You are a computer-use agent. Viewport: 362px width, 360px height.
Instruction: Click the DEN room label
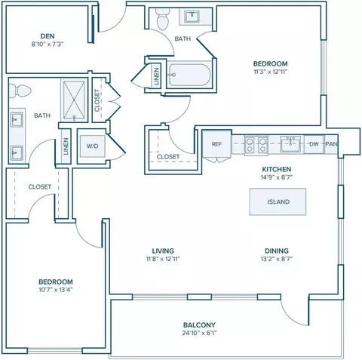48,36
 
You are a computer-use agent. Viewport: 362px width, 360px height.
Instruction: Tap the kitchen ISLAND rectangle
278,202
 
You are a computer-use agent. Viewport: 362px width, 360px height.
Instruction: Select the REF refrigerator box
216,144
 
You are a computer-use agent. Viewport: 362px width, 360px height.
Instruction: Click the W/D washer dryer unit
93,146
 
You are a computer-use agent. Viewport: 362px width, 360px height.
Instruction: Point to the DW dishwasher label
314,144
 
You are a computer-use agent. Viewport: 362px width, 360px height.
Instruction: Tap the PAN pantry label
331,144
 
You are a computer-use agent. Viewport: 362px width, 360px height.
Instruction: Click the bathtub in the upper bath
189,75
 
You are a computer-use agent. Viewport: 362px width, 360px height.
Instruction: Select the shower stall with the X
74,100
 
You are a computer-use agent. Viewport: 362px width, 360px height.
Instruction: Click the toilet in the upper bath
163,19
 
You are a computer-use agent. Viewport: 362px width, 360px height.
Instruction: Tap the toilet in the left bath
20,91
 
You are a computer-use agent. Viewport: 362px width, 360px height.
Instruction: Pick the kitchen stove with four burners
256,145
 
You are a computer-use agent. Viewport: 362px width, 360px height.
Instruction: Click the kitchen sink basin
290,145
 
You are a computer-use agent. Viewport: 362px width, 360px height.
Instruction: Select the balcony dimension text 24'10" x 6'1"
199,333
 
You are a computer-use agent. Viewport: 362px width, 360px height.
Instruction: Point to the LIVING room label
163,251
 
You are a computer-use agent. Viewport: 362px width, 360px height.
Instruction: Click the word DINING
277,251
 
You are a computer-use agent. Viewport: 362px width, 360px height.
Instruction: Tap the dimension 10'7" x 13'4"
56,290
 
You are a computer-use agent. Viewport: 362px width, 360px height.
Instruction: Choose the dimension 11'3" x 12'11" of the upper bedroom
270,72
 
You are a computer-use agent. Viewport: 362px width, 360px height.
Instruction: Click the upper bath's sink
192,17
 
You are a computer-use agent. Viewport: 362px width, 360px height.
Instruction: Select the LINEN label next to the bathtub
156,76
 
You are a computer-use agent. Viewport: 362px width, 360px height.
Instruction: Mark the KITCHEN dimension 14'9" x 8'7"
277,177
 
